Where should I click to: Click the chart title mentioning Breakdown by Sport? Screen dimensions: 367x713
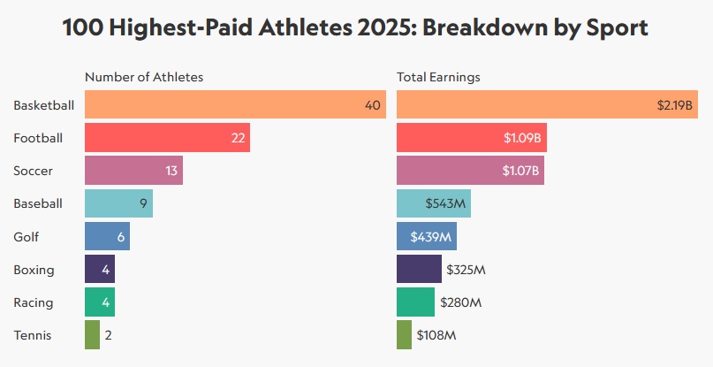(x=356, y=27)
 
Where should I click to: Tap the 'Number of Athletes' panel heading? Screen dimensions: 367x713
(x=144, y=77)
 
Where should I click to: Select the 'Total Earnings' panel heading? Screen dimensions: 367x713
(x=438, y=77)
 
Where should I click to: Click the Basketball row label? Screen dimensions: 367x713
(x=43, y=105)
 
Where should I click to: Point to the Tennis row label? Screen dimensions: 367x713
(x=33, y=335)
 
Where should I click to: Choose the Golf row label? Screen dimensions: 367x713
(x=27, y=237)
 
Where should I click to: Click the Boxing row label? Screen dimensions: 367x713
(x=34, y=270)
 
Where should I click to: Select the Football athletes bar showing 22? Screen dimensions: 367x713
(x=167, y=138)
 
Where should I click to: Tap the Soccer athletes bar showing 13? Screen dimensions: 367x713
(x=133, y=171)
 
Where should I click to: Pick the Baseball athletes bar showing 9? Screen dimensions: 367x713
(x=118, y=203)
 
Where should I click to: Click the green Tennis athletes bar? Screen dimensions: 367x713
(x=92, y=335)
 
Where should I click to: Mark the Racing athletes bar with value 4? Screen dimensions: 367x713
(x=100, y=302)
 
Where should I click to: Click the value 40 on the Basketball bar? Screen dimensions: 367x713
(x=372, y=105)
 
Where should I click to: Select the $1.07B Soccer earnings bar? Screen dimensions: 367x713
(x=470, y=171)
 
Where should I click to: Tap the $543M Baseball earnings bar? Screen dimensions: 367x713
(x=434, y=203)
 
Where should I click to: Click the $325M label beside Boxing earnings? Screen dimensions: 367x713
(x=465, y=270)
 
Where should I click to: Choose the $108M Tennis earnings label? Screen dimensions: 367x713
(x=436, y=335)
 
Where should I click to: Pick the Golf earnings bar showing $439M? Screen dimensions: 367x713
(x=427, y=237)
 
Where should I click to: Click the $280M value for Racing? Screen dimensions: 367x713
(x=461, y=302)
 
